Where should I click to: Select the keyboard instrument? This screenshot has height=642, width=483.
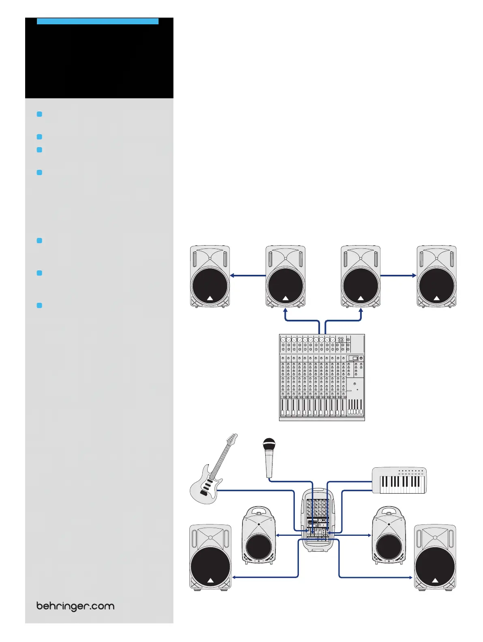click(x=399, y=480)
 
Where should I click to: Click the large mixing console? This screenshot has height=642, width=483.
click(x=322, y=377)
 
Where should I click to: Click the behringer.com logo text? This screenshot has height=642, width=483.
click(x=75, y=606)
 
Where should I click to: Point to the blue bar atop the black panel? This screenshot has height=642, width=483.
click(x=97, y=21)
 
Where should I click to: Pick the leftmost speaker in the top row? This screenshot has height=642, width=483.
click(x=210, y=276)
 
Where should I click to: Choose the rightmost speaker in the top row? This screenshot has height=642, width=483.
click(x=436, y=276)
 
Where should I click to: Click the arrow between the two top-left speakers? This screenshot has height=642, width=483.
click(x=248, y=276)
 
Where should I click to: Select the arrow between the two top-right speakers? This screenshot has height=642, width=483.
click(x=398, y=276)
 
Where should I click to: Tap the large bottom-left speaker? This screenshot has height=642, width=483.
click(x=210, y=557)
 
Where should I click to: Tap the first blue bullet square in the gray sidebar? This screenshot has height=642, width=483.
click(x=39, y=114)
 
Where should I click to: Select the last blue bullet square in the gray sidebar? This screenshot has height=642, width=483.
click(x=39, y=305)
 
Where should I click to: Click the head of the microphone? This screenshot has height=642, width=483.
click(x=269, y=444)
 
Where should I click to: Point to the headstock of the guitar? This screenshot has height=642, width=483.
click(x=232, y=439)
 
